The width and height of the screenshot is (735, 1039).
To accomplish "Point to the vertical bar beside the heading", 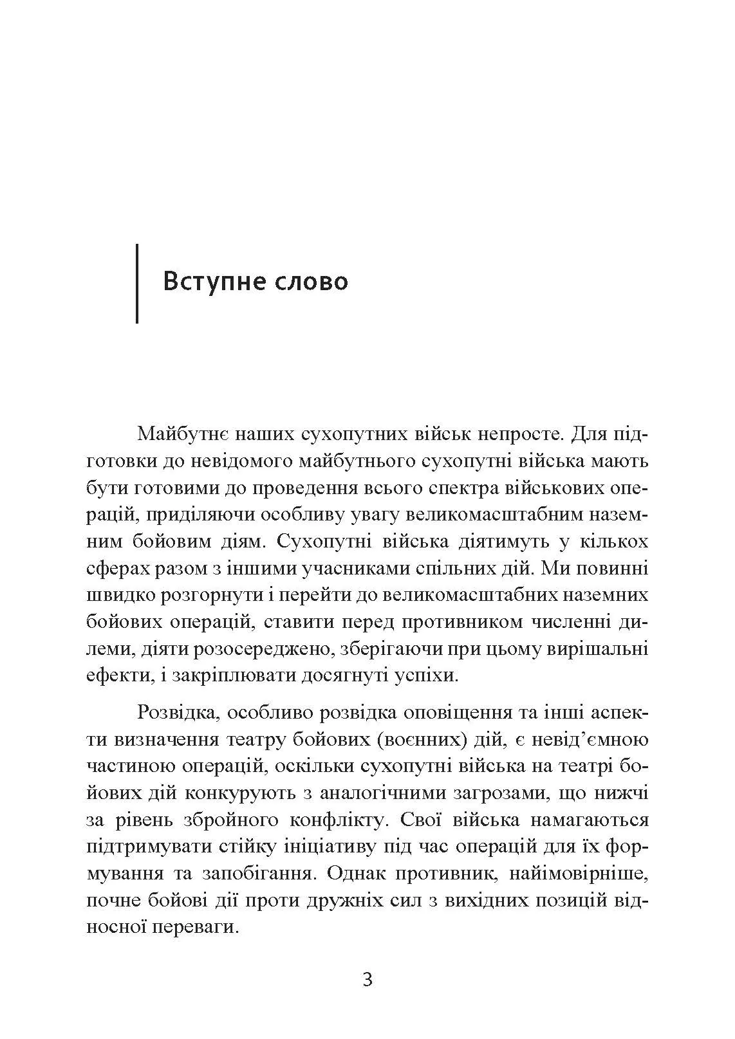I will pyautogui.click(x=137, y=283).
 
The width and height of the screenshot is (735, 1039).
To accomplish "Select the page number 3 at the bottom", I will pyautogui.click(x=367, y=980).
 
